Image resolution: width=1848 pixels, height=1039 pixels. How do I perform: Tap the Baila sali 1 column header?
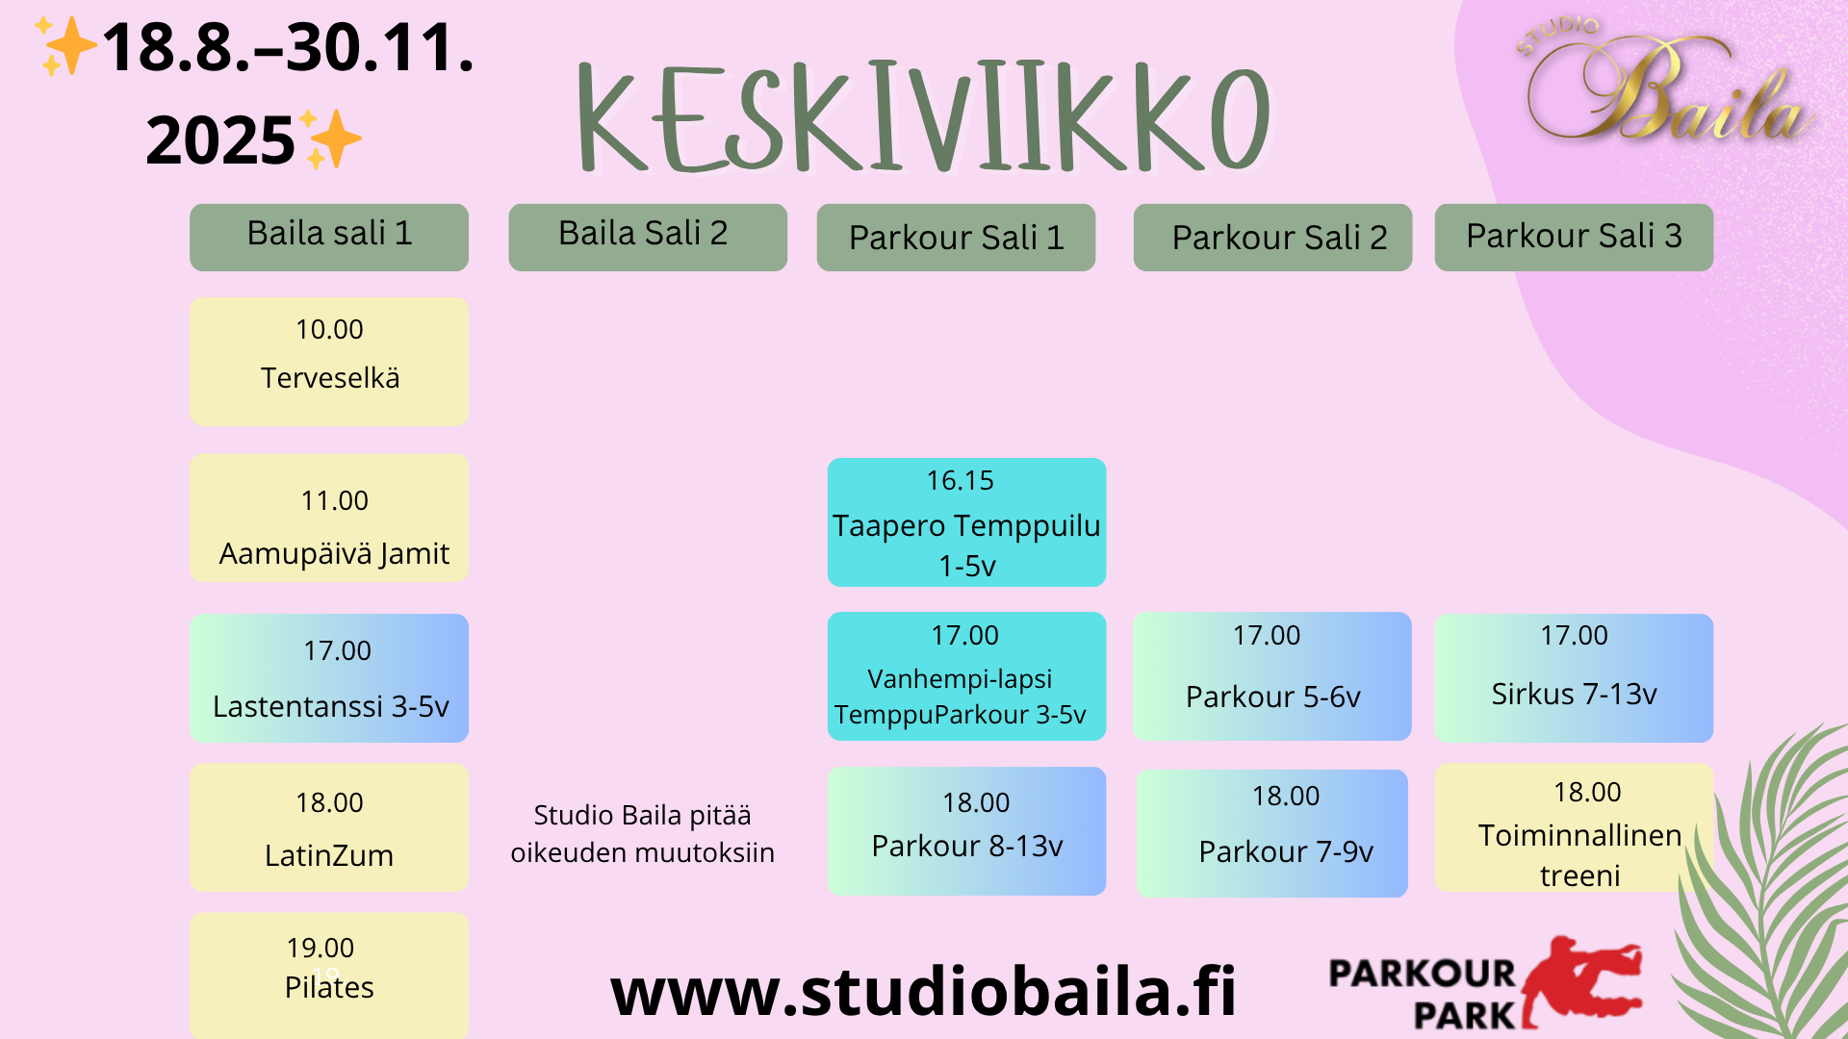pos(329,237)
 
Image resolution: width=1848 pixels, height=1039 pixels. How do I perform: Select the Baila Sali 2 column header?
pos(647,237)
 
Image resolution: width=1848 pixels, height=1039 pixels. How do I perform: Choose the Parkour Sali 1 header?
pos(956,237)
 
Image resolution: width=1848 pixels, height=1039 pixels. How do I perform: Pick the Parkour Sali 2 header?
pos(1272,237)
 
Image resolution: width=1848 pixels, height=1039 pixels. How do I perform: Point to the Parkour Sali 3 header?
pos(1574,237)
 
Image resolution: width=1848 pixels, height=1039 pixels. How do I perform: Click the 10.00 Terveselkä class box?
pos(329,361)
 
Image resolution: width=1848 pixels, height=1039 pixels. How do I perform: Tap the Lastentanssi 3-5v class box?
pos(329,677)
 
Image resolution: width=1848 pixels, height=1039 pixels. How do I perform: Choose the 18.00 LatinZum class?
pos(329,827)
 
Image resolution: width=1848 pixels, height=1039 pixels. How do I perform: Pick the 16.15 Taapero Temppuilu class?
pos(966,522)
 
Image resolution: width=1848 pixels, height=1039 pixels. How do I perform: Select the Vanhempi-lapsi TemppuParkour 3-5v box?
pos(966,676)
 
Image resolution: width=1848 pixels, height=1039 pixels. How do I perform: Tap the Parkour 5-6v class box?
pos(1271,676)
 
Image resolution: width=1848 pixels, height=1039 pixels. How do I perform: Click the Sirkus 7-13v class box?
pos(1574,677)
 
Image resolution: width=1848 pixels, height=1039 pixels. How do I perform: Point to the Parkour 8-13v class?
pos(966,831)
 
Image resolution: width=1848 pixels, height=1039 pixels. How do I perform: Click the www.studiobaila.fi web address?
pos(923,992)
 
